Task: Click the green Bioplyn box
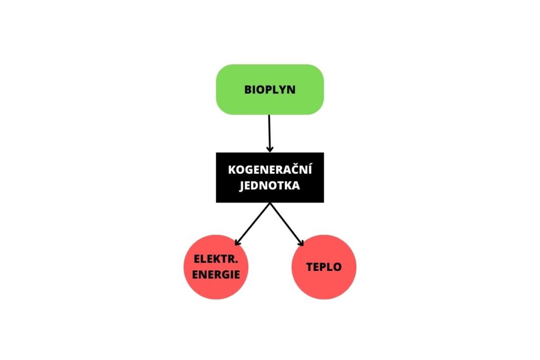269,90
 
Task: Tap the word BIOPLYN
269,90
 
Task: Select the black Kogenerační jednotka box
269,178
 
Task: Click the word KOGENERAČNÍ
269,169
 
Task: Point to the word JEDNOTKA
269,186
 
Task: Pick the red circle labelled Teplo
324,267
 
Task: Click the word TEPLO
324,267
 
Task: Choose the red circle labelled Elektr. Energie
216,267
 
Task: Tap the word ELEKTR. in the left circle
216,259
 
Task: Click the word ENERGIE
216,275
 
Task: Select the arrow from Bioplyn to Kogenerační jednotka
269,133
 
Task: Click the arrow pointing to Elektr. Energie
252,225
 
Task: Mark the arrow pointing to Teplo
287,225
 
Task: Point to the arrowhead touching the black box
270,149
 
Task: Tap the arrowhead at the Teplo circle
301,243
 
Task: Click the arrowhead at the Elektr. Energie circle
237,242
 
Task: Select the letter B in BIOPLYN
248,90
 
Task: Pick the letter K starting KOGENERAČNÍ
232,170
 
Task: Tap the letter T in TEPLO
310,267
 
